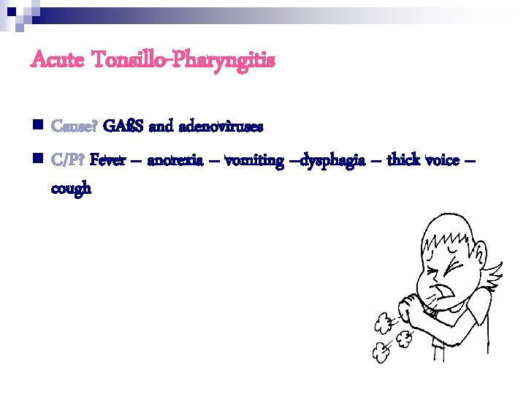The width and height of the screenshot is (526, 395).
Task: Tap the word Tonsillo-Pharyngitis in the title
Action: pyautogui.click(x=182, y=61)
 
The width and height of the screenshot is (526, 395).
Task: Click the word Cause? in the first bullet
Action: pyautogui.click(x=75, y=127)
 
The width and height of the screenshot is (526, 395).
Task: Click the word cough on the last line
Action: pyautogui.click(x=72, y=188)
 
